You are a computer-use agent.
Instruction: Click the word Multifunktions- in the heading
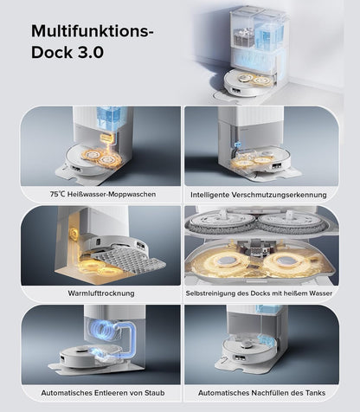(x=92, y=31)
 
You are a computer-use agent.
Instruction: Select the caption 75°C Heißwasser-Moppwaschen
(x=103, y=194)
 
